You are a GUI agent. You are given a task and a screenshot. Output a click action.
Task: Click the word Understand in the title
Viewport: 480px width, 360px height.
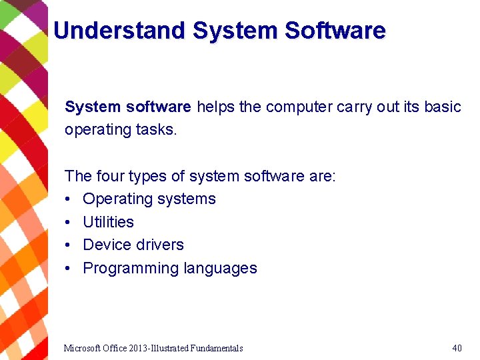119,31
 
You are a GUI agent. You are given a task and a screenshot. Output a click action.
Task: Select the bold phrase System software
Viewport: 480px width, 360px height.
128,107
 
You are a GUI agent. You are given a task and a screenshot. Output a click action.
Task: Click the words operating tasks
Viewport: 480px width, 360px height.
121,129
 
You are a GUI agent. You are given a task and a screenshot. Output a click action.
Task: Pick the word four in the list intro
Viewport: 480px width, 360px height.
110,176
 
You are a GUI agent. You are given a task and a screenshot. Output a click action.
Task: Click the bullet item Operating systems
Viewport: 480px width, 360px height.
149,199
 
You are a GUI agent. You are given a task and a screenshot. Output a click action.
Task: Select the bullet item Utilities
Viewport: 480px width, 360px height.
108,222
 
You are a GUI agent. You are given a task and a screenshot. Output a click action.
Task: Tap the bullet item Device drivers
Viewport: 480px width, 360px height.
133,245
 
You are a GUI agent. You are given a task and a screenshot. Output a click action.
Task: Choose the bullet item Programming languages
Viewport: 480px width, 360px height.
170,268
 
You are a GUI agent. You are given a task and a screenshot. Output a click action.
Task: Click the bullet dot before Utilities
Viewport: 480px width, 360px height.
69,222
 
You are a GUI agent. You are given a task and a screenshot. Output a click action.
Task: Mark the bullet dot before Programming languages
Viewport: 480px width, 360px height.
69,268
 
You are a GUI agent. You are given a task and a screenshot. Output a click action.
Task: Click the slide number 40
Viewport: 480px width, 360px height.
457,348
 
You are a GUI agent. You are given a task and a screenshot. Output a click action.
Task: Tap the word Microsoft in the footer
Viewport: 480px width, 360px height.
83,348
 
